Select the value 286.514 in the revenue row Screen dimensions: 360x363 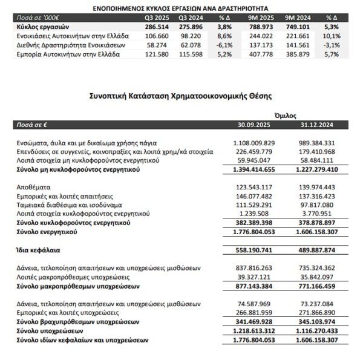point(156,28)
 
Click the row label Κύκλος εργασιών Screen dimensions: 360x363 point(38,28)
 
